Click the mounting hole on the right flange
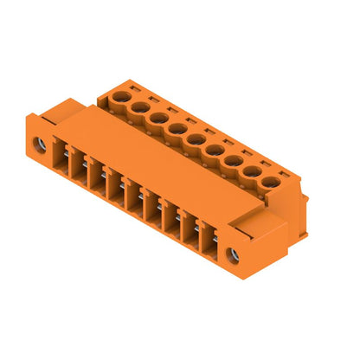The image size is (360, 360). click(x=232, y=254)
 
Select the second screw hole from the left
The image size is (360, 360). click(x=138, y=107)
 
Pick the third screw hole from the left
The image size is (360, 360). click(x=157, y=119)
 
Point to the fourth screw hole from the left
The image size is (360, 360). click(x=176, y=129)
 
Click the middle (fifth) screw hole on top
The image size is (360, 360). click(x=195, y=139)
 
